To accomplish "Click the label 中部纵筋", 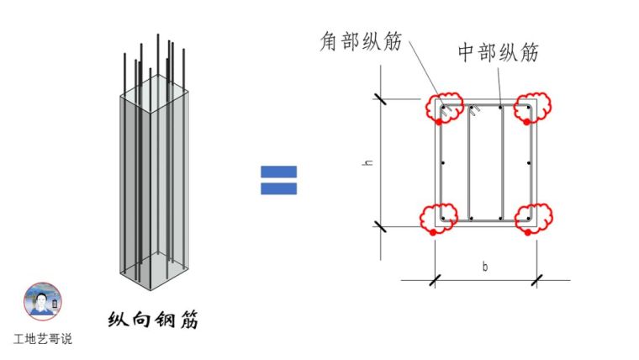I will (x=497, y=52).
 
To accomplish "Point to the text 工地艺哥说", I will (x=43, y=339).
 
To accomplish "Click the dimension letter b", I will (x=485, y=267).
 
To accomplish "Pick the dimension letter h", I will (x=368, y=162).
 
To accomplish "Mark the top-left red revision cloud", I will (x=444, y=108).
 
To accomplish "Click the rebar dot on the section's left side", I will (x=442, y=163).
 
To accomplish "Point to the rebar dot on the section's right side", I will (x=528, y=163).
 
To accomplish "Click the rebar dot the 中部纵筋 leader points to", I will (x=500, y=107).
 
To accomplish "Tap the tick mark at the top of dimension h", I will (x=383, y=98).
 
